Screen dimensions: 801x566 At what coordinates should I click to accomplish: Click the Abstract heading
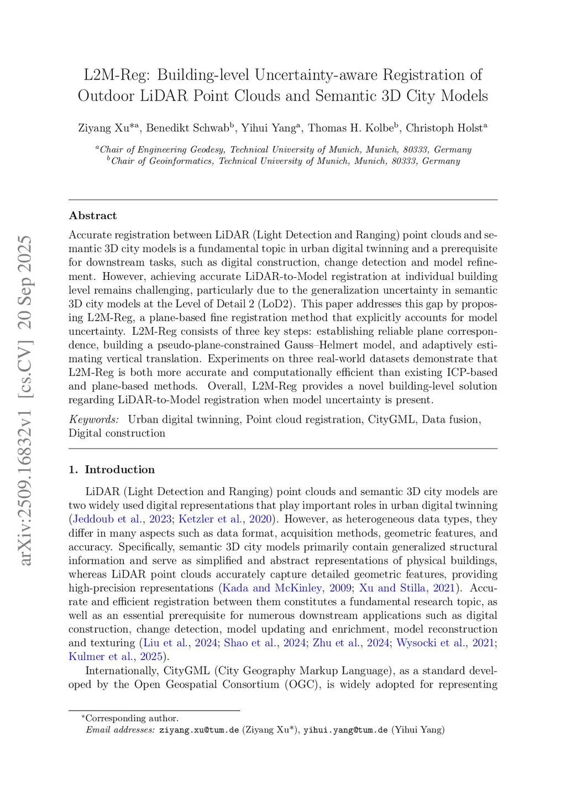(x=93, y=216)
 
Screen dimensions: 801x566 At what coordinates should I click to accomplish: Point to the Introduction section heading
(x=119, y=470)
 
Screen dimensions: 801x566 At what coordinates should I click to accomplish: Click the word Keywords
(x=93, y=419)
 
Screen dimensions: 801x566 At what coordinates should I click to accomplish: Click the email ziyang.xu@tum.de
(x=199, y=730)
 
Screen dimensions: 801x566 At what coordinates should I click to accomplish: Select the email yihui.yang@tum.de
(x=345, y=730)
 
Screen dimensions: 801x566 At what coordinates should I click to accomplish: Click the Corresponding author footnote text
(x=132, y=719)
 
